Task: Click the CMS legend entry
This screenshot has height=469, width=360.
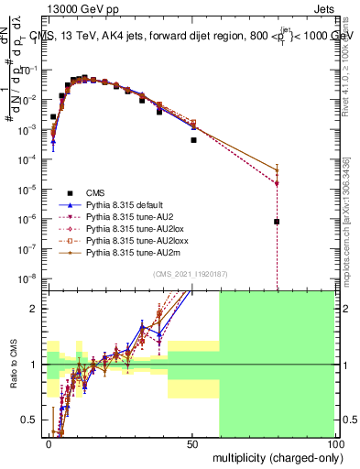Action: point(96,192)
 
